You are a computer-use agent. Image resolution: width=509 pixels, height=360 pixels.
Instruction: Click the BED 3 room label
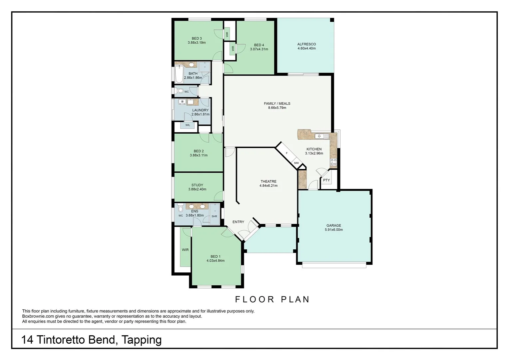click(x=197, y=38)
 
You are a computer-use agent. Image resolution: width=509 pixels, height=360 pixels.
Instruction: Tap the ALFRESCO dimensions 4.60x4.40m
click(x=306, y=48)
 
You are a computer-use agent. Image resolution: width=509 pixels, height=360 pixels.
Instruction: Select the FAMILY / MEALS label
click(x=277, y=103)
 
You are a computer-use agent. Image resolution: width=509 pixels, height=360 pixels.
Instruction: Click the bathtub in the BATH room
click(x=179, y=74)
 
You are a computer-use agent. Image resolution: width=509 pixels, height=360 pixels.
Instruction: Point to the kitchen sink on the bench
click(x=321, y=136)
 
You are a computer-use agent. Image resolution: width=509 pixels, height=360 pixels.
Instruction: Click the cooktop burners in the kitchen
click(x=333, y=162)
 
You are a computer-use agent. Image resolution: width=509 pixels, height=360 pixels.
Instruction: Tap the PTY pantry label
click(x=326, y=180)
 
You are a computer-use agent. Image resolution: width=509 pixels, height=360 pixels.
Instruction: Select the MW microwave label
click(x=296, y=163)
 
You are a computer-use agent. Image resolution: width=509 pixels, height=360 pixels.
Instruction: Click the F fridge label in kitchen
click(x=286, y=153)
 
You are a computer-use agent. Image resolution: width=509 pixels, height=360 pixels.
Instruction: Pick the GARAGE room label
click(x=333, y=225)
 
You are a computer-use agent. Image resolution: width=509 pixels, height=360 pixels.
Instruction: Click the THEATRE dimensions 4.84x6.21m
click(x=268, y=186)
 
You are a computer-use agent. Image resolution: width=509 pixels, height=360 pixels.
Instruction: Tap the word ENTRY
click(x=238, y=222)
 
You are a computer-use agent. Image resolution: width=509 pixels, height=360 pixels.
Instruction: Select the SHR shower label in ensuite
click(x=214, y=216)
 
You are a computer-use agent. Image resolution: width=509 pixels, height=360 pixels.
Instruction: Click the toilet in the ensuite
click(x=181, y=208)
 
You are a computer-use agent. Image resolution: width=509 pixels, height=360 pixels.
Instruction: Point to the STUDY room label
click(x=197, y=185)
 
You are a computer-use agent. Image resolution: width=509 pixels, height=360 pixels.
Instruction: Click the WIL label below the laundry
click(x=188, y=125)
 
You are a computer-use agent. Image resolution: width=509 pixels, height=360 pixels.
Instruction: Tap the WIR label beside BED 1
click(x=185, y=250)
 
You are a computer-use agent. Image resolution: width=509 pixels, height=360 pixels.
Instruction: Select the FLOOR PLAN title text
click(x=272, y=299)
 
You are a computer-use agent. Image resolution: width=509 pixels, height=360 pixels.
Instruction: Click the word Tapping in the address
click(x=142, y=340)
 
